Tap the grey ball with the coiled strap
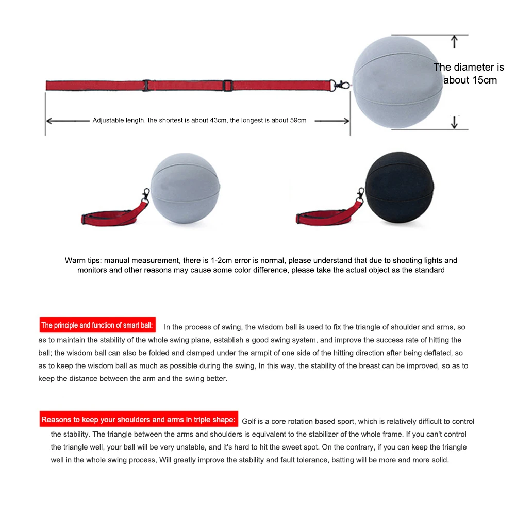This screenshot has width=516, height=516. pyautogui.click(x=186, y=189)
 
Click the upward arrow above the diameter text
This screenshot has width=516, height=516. pyautogui.click(x=454, y=41)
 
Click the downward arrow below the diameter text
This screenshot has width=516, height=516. pyautogui.click(x=454, y=123)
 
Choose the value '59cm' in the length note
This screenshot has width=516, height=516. pyautogui.click(x=297, y=121)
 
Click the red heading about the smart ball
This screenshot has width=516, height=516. pyautogui.click(x=97, y=325)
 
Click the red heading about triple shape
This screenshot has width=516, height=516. pyautogui.click(x=139, y=419)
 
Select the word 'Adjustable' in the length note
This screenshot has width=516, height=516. pyautogui.click(x=106, y=121)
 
